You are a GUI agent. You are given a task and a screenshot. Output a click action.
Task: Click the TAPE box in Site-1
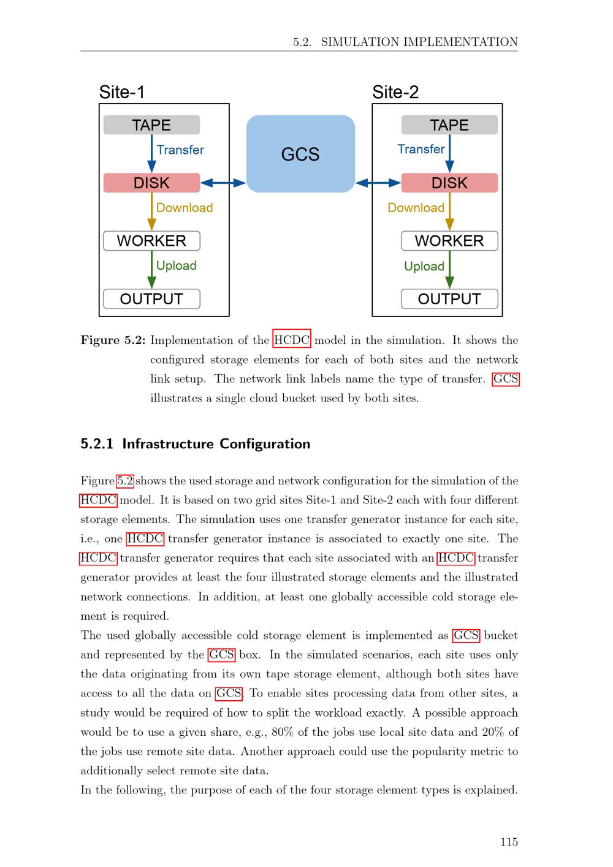[x=151, y=125]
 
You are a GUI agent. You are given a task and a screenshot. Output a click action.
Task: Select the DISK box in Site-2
[x=449, y=183]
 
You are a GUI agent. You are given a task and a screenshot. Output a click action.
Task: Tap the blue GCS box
[x=300, y=154]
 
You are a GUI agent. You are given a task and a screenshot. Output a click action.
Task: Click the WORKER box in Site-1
[x=151, y=241]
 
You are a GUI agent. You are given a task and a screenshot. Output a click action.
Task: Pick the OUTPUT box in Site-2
[x=449, y=299]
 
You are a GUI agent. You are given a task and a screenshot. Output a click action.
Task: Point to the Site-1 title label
[x=122, y=92]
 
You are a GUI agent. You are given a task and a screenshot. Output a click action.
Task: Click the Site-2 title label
[x=395, y=92]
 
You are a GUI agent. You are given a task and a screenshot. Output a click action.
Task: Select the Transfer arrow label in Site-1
[x=180, y=150]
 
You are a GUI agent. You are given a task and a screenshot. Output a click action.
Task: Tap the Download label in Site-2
[x=416, y=208]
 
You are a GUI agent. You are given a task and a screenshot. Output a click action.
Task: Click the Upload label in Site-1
[x=176, y=265]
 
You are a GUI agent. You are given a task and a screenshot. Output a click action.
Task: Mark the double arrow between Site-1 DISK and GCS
[x=223, y=183]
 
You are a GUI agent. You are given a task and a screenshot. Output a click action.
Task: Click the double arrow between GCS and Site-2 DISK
[x=378, y=183]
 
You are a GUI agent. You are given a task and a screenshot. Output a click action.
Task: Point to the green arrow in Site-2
[x=449, y=269]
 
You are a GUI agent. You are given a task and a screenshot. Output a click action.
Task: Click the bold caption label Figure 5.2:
[x=113, y=340]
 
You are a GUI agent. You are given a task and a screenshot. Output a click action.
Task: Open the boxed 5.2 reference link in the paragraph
[x=125, y=481]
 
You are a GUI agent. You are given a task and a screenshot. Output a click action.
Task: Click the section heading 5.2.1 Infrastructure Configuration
[x=195, y=444]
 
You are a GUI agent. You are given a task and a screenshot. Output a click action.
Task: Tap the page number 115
[x=509, y=842]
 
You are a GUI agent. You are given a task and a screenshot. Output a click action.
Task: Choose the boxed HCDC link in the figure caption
[x=292, y=340]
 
